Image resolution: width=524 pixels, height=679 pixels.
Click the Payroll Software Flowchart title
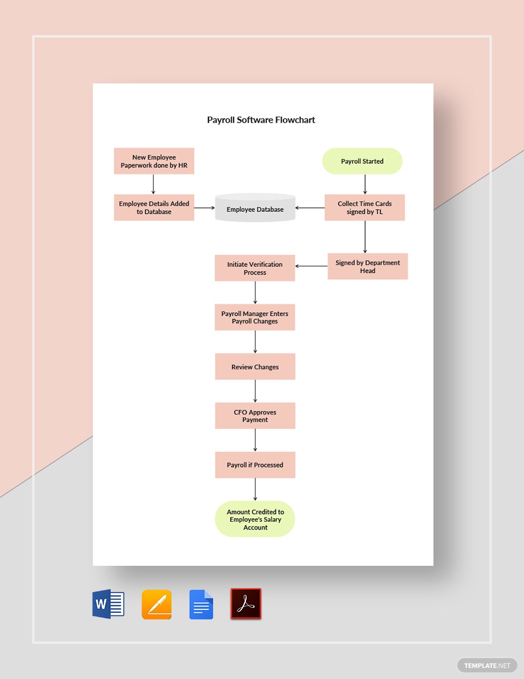click(x=261, y=120)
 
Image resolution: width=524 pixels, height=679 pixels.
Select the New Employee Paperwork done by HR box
click(x=154, y=161)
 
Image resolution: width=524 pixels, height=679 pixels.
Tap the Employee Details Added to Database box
click(x=154, y=208)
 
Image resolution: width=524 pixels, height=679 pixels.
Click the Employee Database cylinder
click(x=255, y=208)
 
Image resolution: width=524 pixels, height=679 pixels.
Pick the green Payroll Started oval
click(x=362, y=161)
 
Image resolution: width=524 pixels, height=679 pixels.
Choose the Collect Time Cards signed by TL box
click(x=364, y=208)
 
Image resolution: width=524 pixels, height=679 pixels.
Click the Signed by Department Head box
click(x=367, y=266)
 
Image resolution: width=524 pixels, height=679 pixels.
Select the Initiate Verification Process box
click(x=255, y=268)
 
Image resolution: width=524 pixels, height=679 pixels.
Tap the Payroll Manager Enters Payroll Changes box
click(x=255, y=317)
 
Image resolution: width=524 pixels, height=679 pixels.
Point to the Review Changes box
click(x=255, y=367)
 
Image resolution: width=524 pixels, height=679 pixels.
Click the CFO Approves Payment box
click(x=255, y=416)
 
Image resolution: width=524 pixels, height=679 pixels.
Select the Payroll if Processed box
click(x=255, y=465)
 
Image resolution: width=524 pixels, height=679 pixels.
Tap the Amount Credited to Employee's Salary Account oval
click(x=255, y=519)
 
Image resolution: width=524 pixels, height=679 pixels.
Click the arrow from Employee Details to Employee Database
click(x=204, y=208)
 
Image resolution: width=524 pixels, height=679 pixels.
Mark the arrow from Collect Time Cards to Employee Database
click(x=310, y=208)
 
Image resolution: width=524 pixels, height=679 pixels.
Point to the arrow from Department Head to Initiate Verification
click(x=311, y=266)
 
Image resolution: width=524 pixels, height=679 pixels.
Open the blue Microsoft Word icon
click(x=108, y=605)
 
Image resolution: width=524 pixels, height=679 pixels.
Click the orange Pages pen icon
click(x=157, y=605)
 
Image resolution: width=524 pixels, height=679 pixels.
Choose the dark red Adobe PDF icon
click(x=246, y=605)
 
